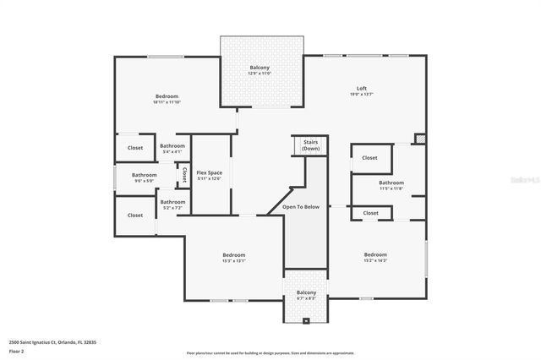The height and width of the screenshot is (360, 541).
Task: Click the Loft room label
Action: click(x=361, y=89)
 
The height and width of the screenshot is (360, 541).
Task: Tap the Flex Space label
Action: click(x=209, y=173)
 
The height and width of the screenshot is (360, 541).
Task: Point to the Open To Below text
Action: click(x=301, y=206)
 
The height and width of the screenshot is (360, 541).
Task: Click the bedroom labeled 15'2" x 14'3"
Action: click(x=375, y=255)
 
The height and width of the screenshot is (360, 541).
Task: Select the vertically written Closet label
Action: click(x=184, y=175)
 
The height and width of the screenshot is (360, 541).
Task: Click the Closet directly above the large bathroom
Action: click(x=370, y=158)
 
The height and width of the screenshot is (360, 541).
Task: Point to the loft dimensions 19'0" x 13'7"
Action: click(x=361, y=94)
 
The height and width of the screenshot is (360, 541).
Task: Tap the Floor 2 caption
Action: click(x=16, y=351)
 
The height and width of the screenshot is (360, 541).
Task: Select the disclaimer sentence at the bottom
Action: click(x=270, y=352)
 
